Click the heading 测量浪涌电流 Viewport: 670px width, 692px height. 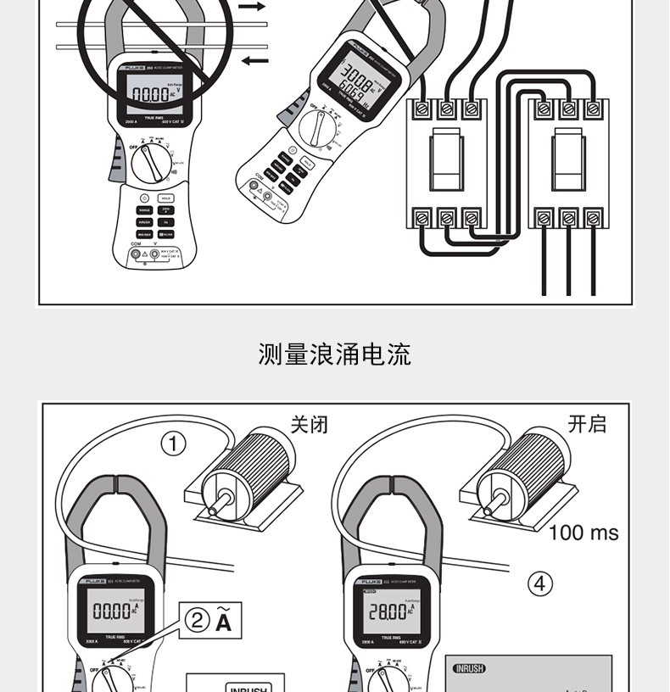click(x=334, y=354)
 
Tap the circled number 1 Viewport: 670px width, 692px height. click(x=174, y=444)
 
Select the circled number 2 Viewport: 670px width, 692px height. click(x=197, y=621)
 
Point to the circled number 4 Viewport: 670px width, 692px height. click(x=540, y=583)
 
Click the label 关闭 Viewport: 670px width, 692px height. click(x=309, y=424)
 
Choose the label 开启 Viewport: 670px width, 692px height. click(x=587, y=424)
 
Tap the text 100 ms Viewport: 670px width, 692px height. click(x=583, y=533)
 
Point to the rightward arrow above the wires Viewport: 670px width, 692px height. click(x=252, y=7)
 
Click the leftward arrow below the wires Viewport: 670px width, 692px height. click(x=254, y=60)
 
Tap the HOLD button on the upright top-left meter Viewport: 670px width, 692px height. click(x=166, y=198)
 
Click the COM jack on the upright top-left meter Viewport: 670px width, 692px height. click(x=135, y=254)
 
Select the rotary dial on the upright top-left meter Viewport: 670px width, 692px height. click(x=152, y=162)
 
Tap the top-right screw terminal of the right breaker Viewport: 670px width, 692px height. click(x=594, y=109)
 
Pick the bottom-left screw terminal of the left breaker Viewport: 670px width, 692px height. click(x=422, y=218)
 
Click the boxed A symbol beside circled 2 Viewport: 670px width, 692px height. click(x=223, y=622)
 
